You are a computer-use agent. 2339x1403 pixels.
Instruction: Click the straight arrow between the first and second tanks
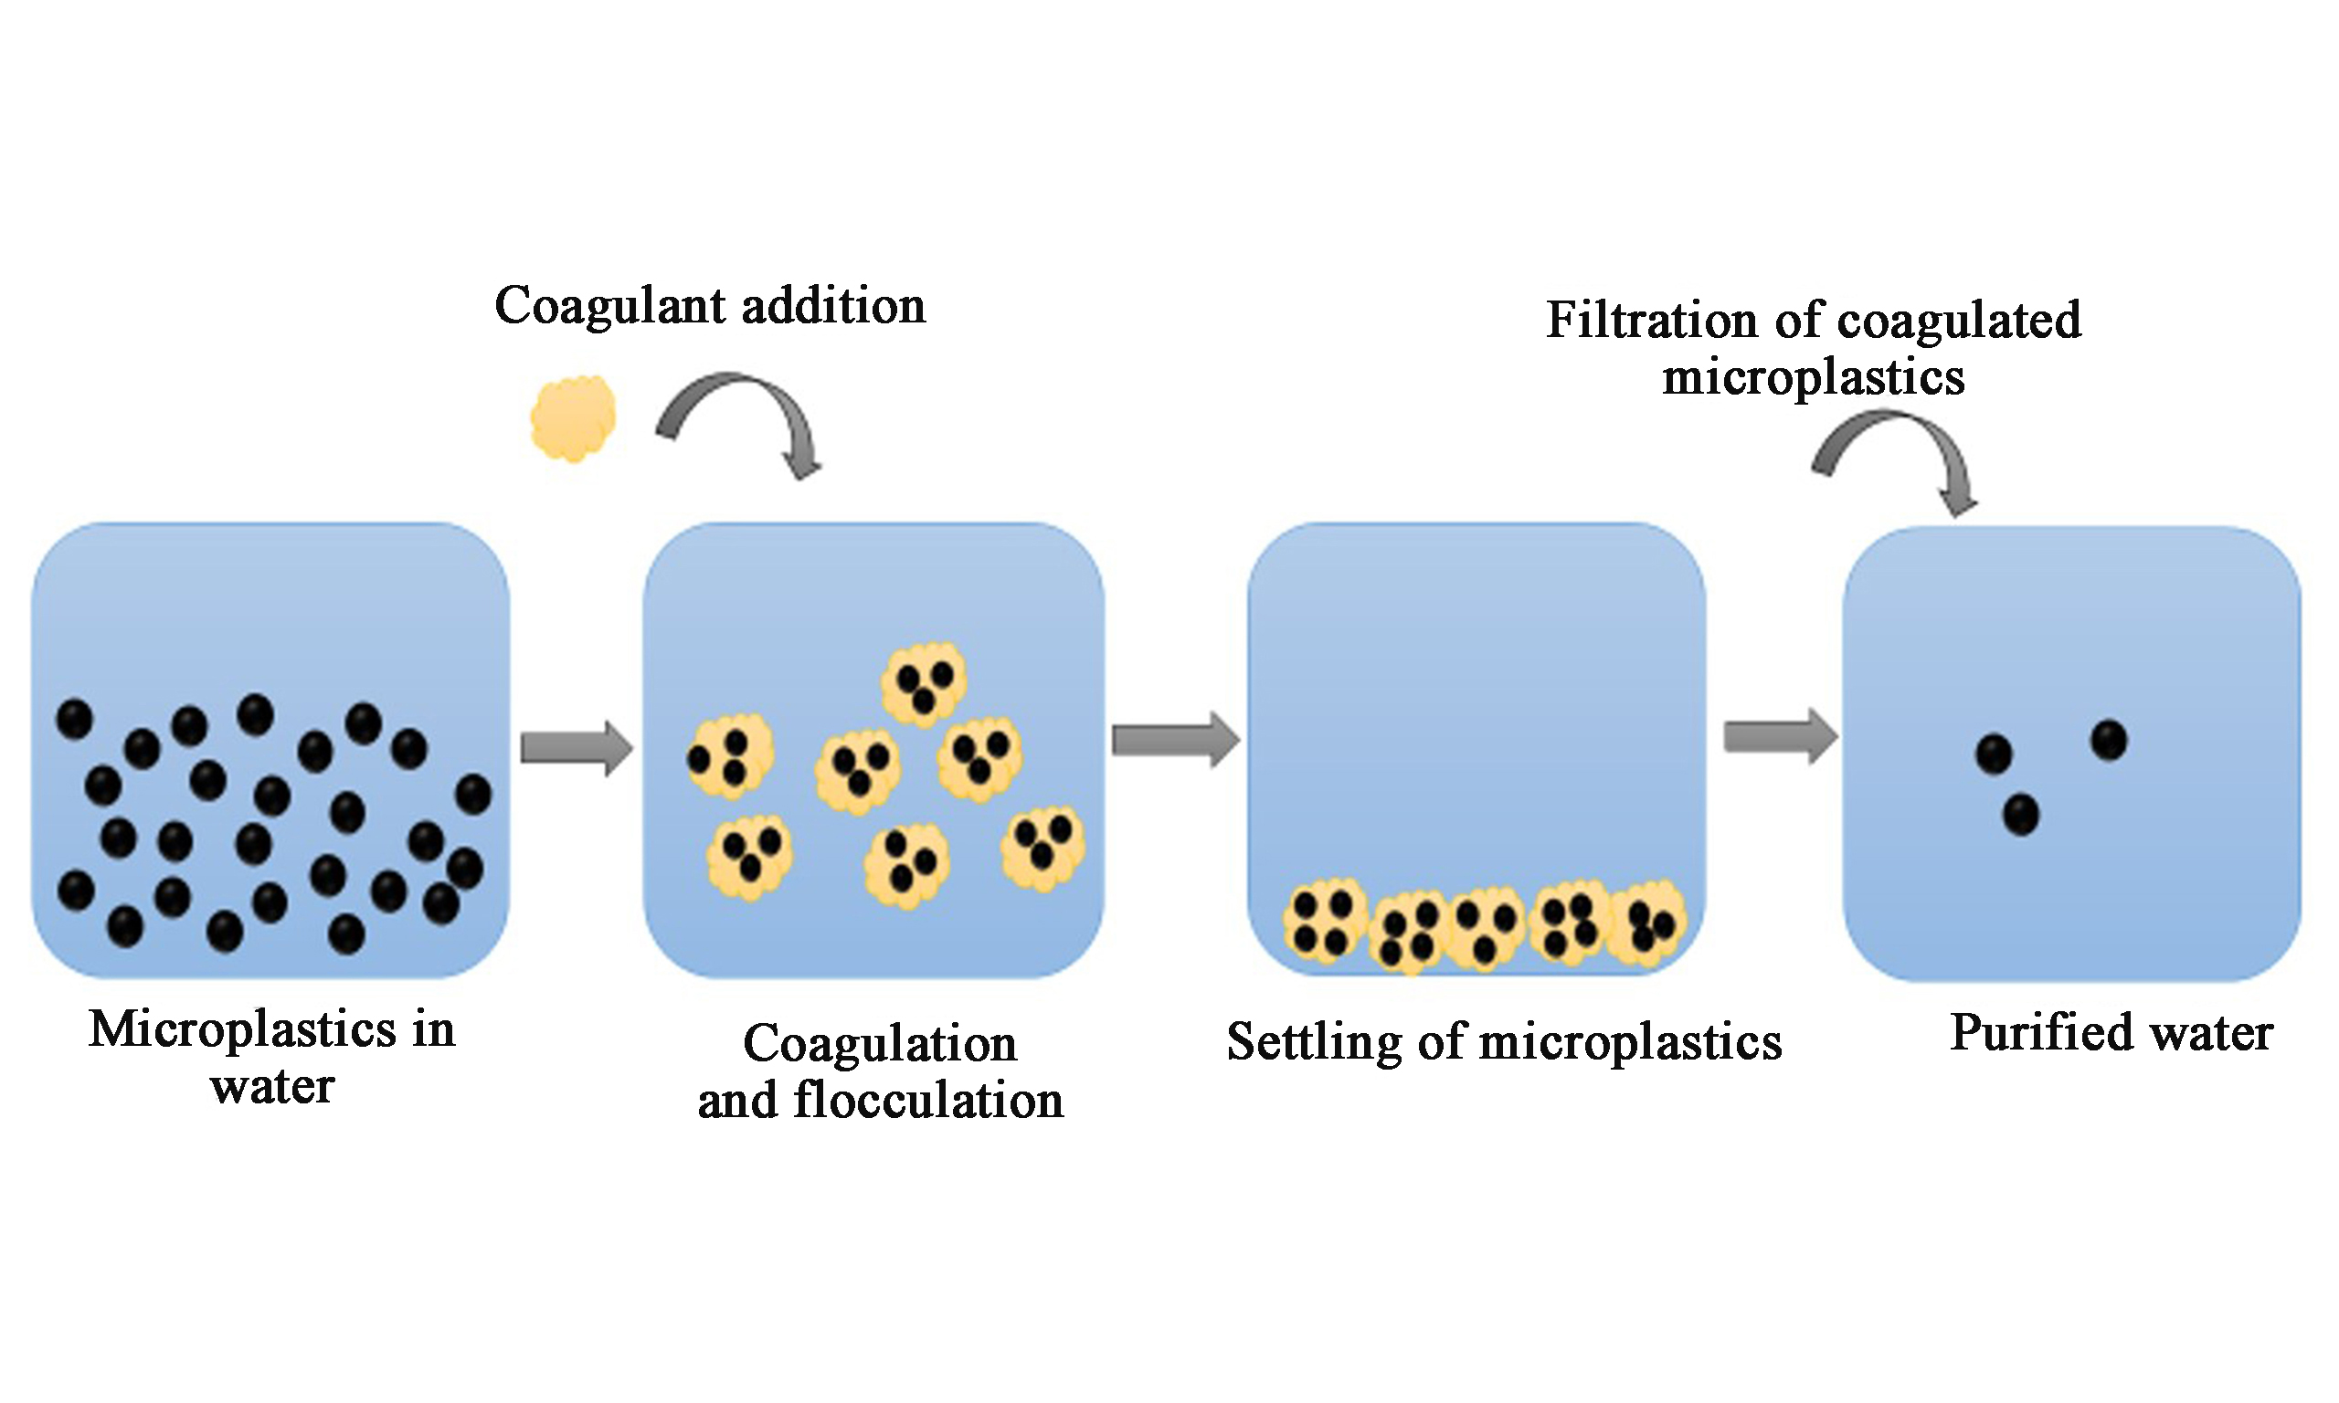(576, 749)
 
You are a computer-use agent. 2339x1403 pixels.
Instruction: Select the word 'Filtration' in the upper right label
(1651, 321)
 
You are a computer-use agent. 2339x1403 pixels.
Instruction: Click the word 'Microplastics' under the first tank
(242, 1029)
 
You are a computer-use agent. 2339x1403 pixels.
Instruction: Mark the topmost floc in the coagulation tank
(924, 684)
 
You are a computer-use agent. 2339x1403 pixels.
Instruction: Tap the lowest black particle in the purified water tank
(2020, 814)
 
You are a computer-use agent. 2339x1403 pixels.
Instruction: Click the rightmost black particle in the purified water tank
(2110, 739)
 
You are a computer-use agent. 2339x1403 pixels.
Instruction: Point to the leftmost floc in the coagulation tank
(729, 756)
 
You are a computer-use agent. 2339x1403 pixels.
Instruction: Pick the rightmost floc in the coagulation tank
(1042, 847)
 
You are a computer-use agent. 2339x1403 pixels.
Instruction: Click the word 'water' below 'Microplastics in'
(272, 1086)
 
